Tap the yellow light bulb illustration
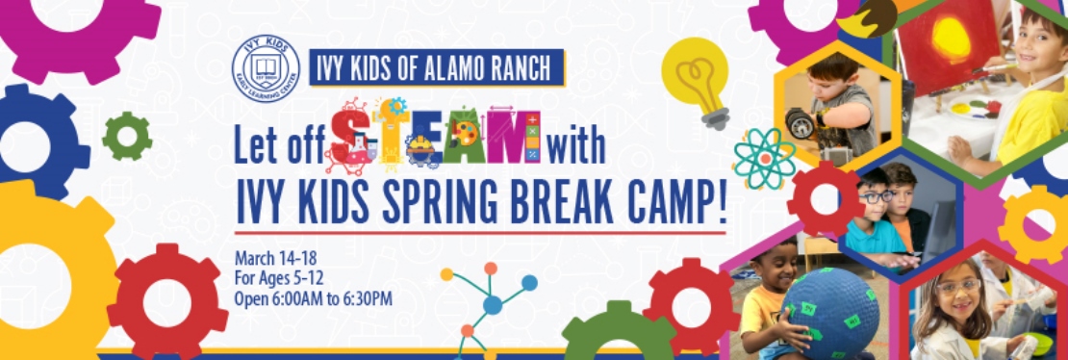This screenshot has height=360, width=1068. (x=700, y=79)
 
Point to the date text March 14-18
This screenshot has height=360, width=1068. (x=275, y=258)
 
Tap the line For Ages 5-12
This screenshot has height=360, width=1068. (x=280, y=278)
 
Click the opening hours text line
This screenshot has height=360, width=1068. (x=314, y=298)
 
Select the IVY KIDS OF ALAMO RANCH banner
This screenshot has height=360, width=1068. (x=437, y=68)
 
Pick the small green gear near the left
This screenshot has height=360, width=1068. (x=127, y=136)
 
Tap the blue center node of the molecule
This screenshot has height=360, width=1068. (x=493, y=304)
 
